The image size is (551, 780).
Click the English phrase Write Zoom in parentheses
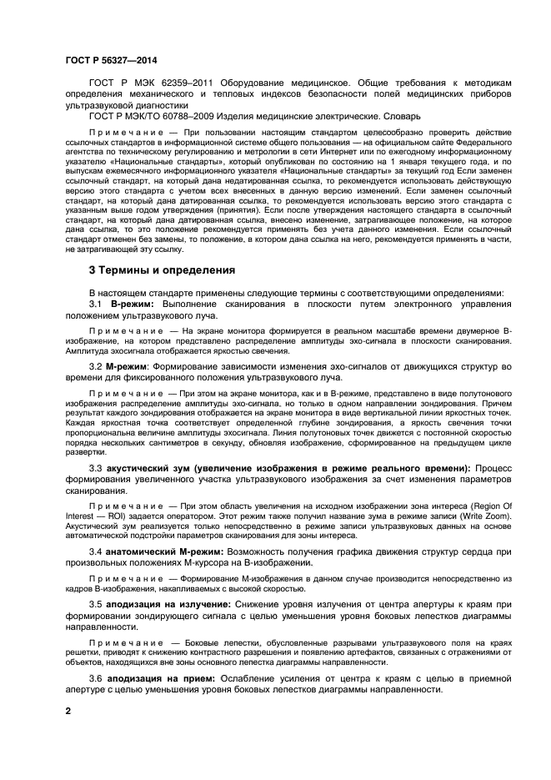(x=469, y=516)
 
